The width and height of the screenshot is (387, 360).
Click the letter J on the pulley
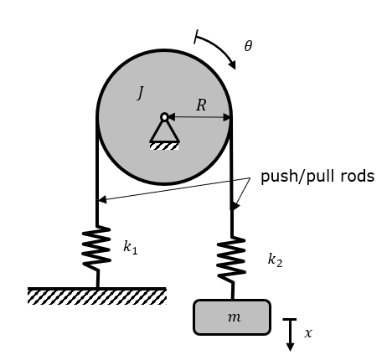pos(140,92)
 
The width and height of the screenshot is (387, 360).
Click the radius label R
pos(201,105)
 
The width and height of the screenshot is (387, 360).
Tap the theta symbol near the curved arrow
pos(248,46)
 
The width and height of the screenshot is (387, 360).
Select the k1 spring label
pos(130,249)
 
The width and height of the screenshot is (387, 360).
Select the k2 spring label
pos(275,260)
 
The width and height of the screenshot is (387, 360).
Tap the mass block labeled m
pos(232,317)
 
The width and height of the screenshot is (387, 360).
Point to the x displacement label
pos(308,332)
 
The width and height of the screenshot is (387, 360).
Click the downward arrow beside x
pos(290,335)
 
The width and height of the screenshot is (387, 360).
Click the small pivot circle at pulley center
pos(164,116)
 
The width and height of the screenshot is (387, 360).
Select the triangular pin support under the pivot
pos(164,131)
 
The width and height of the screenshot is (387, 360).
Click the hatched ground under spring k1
pos(97,296)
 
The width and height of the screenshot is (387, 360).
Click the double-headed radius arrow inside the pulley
pos(199,117)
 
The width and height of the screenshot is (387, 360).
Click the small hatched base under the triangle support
pos(164,146)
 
